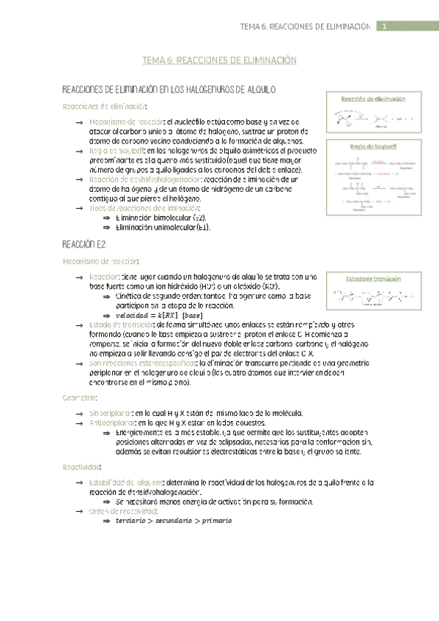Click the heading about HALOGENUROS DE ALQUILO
169,89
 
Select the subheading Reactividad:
83,466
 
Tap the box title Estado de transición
372,278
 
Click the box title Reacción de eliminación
373,98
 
